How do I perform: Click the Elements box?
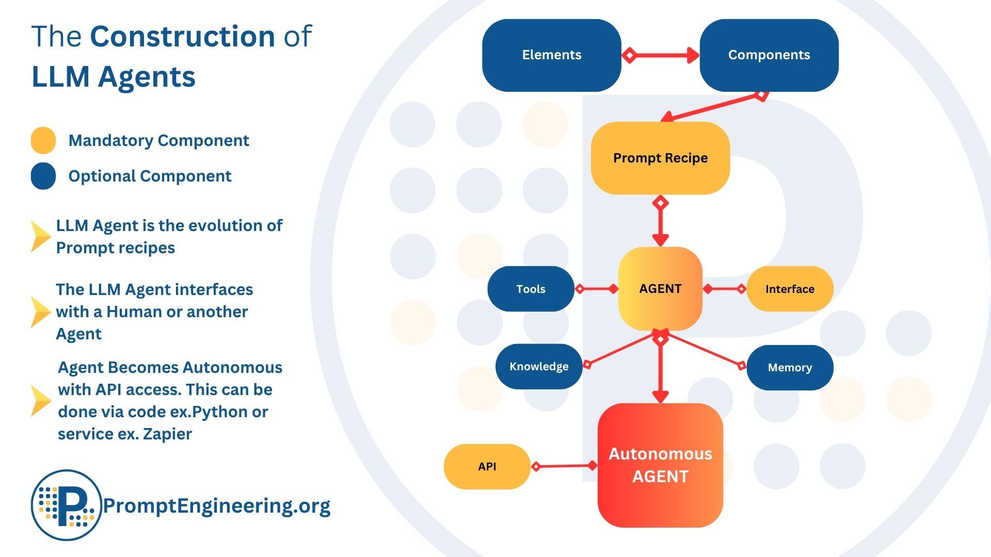pyautogui.click(x=551, y=55)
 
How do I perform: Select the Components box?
pyautogui.click(x=769, y=55)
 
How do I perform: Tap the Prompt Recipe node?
pyautogui.click(x=660, y=158)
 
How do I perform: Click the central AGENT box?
pyautogui.click(x=660, y=289)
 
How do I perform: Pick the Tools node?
pyautogui.click(x=531, y=289)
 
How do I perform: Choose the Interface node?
pyautogui.click(x=789, y=289)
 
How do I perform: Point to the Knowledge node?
pyautogui.click(x=538, y=367)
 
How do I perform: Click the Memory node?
pyautogui.click(x=789, y=367)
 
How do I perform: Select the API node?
pyautogui.click(x=487, y=466)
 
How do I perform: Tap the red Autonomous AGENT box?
pyautogui.click(x=660, y=465)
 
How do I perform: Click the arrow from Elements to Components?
pyautogui.click(x=661, y=55)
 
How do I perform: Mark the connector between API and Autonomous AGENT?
pyautogui.click(x=564, y=466)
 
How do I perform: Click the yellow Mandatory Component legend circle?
pyautogui.click(x=43, y=140)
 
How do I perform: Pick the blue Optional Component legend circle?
pyautogui.click(x=43, y=176)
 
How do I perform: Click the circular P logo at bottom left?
pyautogui.click(x=66, y=505)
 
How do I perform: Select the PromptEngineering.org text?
pyautogui.click(x=216, y=505)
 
